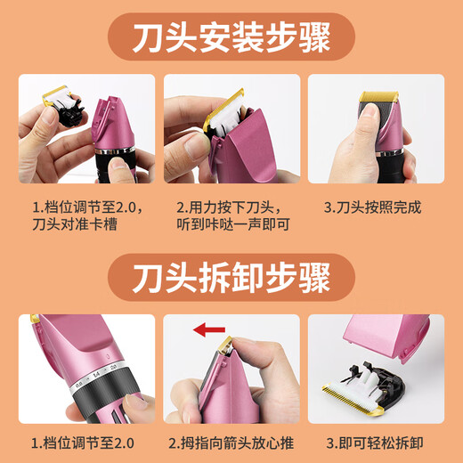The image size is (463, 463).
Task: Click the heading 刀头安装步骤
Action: click(x=231, y=39)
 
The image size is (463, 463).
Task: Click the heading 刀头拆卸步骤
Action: click(x=231, y=279)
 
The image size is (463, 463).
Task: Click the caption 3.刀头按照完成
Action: click(x=373, y=207)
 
